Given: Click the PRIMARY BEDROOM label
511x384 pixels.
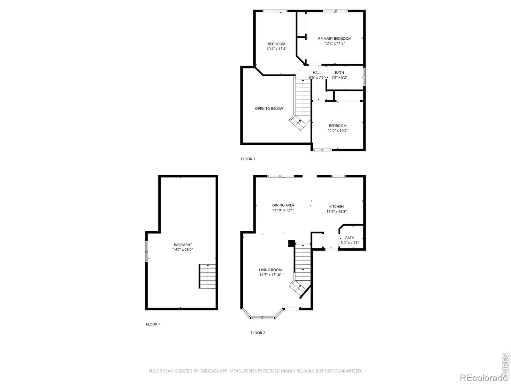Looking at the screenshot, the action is pos(334,38).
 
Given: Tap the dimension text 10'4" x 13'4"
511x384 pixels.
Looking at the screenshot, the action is pos(276,49).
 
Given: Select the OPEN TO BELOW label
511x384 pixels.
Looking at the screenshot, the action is pos(269,108).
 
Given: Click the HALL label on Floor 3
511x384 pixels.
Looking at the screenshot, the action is pos(317,73).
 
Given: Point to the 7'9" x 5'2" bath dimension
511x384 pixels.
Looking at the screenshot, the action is pos(339,77).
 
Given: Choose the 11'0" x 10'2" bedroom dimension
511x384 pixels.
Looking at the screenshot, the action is pos(338,130).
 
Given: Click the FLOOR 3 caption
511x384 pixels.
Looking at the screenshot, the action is pos(248,159).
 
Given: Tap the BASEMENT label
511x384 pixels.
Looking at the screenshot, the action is pos(183,245).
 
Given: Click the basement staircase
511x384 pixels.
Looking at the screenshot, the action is pos(207,276).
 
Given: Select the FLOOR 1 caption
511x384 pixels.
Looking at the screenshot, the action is pos(153,324).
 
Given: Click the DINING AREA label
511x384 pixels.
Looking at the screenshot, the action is pos(283,205).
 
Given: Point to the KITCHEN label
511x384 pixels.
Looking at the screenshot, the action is pos(336,207).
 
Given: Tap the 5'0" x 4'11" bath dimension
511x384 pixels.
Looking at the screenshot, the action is pos(350,243).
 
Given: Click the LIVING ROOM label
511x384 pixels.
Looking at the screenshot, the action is pos(270,270).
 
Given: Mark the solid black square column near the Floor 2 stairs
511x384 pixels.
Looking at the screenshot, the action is pos(292,243).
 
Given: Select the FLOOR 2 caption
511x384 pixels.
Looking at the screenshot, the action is pos(258,333).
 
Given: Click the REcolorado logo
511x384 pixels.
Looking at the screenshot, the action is pos(484,377).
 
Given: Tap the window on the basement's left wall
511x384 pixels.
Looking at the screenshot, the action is pos(146,251).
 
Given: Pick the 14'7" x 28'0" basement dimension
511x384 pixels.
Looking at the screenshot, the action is pos(183,250).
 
